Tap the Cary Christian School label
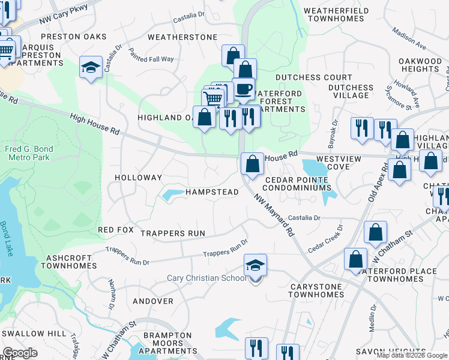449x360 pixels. [x=206, y=278]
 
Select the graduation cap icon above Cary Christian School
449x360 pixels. [x=255, y=265]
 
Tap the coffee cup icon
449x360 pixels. [x=243, y=89]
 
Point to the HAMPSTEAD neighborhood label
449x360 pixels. [x=212, y=192]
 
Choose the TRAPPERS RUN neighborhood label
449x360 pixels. [x=173, y=233]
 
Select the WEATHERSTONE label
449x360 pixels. [x=182, y=37]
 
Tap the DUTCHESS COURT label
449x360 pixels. [x=314, y=78]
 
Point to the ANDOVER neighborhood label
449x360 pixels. [x=152, y=301]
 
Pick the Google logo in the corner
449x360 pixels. [x=20, y=353]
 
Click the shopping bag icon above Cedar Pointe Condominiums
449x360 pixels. [x=252, y=164]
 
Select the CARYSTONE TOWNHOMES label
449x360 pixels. [x=317, y=290]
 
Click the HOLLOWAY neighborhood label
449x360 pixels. [x=139, y=178]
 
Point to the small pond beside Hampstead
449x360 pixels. [x=172, y=194]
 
